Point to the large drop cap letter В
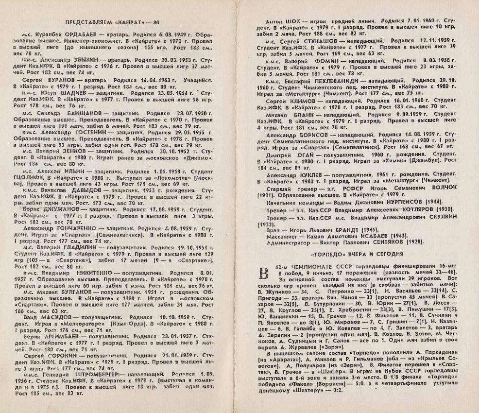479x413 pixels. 264,275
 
